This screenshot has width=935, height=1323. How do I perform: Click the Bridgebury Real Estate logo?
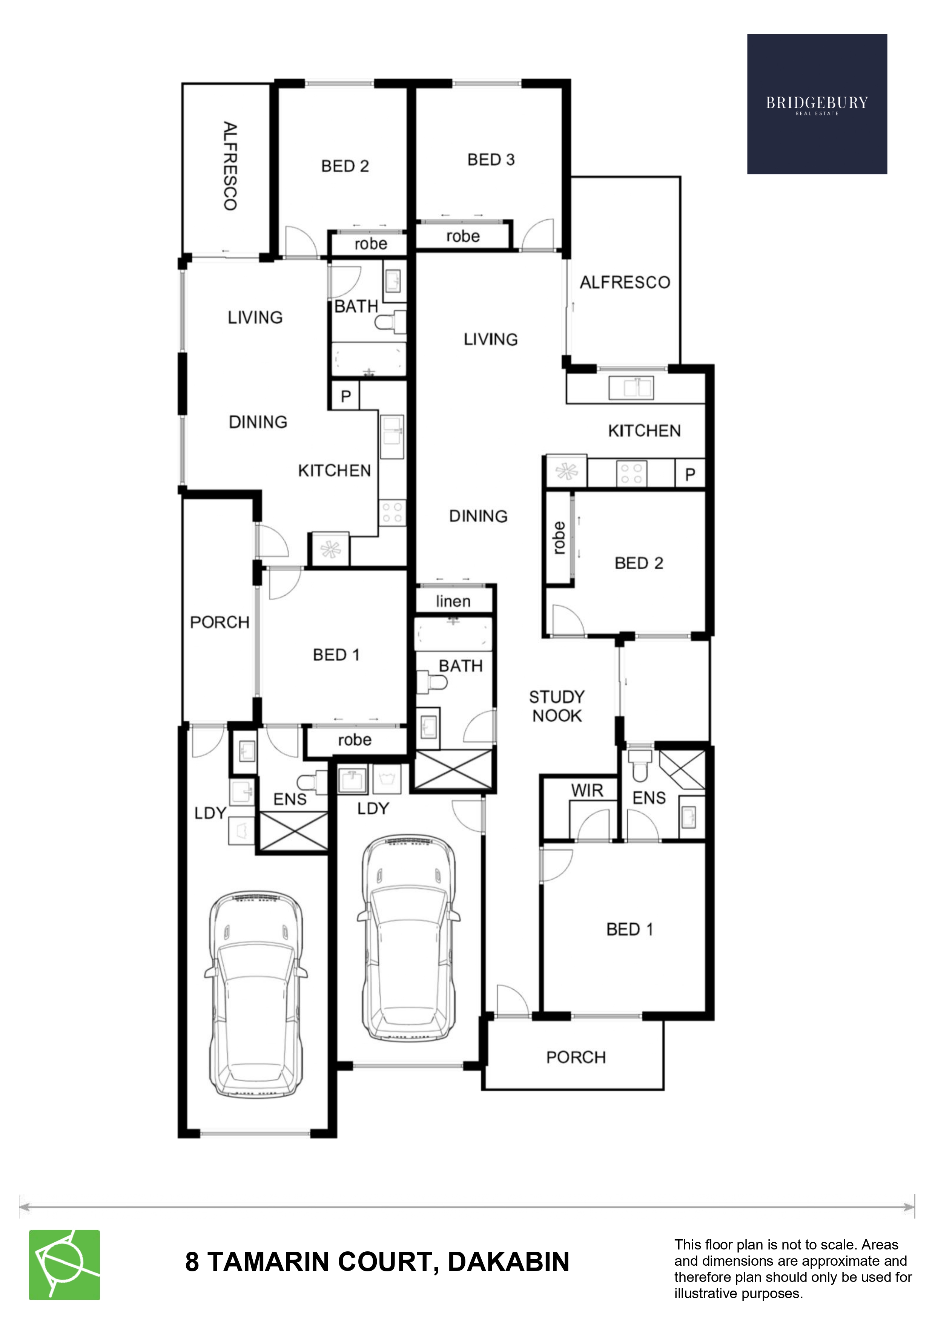pyautogui.click(x=817, y=104)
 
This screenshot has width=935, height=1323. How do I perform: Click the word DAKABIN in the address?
pyautogui.click(x=508, y=1262)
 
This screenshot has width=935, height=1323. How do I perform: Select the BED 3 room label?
pyautogui.click(x=491, y=159)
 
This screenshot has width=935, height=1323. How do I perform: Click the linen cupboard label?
pyautogui.click(x=453, y=601)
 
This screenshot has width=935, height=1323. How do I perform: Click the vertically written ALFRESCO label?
pyautogui.click(x=230, y=166)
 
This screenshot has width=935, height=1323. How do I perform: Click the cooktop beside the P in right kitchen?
pyautogui.click(x=631, y=474)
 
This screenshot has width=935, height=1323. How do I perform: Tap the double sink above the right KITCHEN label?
pyautogui.click(x=631, y=387)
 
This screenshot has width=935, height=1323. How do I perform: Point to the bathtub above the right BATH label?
pyautogui.click(x=454, y=635)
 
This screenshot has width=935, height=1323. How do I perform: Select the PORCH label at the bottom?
pyautogui.click(x=576, y=1057)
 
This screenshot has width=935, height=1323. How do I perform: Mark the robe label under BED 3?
pyautogui.click(x=463, y=236)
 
